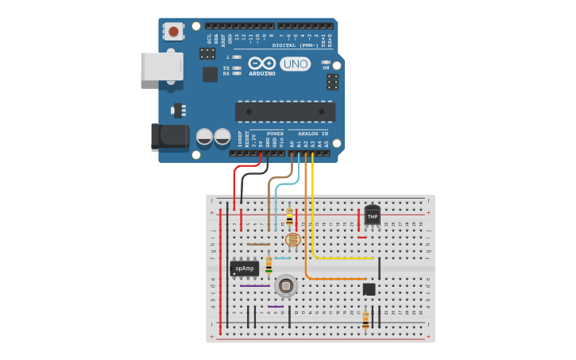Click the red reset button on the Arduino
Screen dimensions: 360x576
[x=173, y=32]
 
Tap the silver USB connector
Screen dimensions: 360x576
[x=160, y=66]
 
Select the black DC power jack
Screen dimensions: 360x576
[x=169, y=136]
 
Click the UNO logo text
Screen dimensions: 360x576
[x=295, y=64]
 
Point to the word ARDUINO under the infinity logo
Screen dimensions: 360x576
[x=261, y=74]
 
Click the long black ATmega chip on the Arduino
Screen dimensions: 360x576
[x=284, y=111]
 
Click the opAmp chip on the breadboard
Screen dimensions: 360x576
[x=245, y=269]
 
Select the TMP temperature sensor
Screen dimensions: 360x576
[x=372, y=215]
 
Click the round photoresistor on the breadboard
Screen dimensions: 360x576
[x=292, y=238]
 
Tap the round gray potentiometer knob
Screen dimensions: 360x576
[x=285, y=285]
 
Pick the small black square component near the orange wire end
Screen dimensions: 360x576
[x=369, y=289]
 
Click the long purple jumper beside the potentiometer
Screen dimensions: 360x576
[x=255, y=286]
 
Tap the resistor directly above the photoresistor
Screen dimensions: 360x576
[x=289, y=216]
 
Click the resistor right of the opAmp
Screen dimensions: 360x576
[x=269, y=265]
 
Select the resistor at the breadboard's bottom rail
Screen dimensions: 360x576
[x=365, y=319]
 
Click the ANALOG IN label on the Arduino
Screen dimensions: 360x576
[x=313, y=134]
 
